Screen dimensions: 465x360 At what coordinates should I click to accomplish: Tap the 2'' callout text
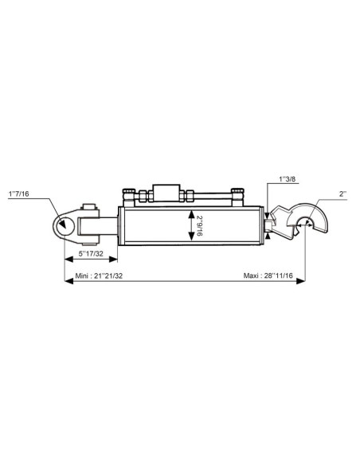click(x=342, y=194)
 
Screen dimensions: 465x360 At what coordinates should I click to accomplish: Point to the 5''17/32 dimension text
click(x=89, y=255)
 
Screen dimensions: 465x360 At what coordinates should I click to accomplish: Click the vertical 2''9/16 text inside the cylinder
click(x=200, y=226)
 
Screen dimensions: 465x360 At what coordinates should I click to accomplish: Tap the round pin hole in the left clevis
click(x=62, y=225)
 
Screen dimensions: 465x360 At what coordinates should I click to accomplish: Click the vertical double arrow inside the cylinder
click(x=190, y=226)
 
